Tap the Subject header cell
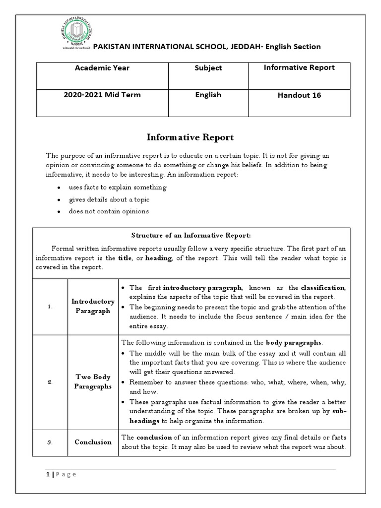(208, 68)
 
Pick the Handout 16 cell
(299, 95)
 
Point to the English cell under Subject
(208, 95)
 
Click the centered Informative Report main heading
(190, 137)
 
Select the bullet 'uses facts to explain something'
(118, 188)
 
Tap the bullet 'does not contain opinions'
(109, 211)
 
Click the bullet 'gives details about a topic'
(109, 199)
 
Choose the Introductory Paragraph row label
(93, 306)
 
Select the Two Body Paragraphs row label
(93, 382)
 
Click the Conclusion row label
(93, 442)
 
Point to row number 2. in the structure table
(50, 382)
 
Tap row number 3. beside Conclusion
(50, 442)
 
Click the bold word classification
(322, 288)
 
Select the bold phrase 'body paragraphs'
(294, 342)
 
